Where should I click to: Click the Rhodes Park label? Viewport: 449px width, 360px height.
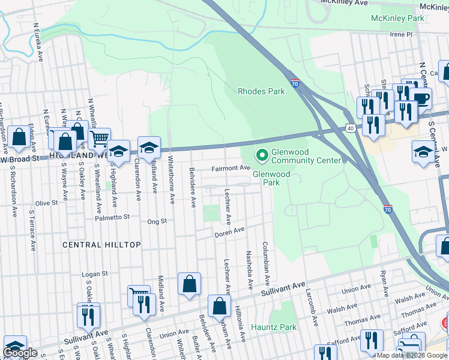click(261, 92)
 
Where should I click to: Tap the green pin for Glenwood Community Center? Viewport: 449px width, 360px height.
click(262, 155)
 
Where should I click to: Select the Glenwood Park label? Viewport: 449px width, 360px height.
click(271, 178)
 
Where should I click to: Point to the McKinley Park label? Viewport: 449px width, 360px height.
click(397, 19)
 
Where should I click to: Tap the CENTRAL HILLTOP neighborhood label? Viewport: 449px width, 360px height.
click(101, 245)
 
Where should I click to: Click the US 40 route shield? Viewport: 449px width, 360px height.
click(350, 128)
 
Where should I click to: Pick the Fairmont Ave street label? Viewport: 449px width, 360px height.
click(231, 169)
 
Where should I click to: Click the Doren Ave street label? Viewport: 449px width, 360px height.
click(230, 231)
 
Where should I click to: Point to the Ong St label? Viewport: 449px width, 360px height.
click(157, 221)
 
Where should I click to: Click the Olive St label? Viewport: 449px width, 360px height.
click(46, 203)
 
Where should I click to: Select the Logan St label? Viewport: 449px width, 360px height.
click(94, 274)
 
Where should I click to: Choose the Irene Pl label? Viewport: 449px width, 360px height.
click(401, 35)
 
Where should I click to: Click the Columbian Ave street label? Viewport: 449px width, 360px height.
click(265, 263)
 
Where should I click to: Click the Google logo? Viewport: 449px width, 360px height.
click(20, 353)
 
